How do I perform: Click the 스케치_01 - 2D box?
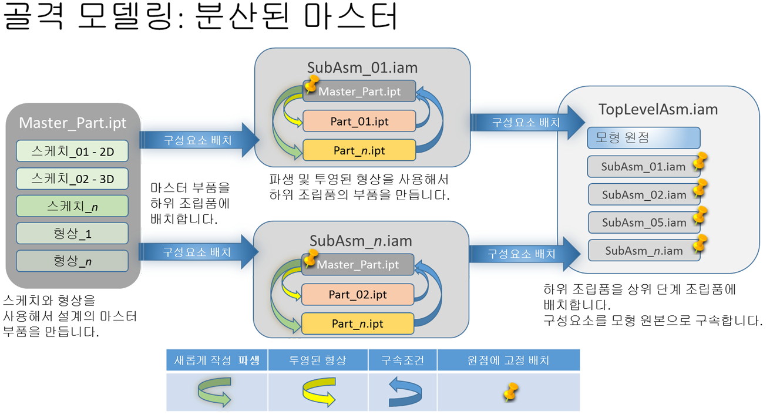coord(72,151)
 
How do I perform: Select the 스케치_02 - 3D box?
coord(72,178)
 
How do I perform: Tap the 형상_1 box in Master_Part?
coord(72,234)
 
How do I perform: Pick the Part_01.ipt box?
coord(359,122)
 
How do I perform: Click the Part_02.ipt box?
coord(358,294)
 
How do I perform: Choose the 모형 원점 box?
coord(643,138)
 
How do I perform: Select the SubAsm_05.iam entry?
coord(644,223)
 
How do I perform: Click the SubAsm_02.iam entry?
coord(644,194)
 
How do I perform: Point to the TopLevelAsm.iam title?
coord(658,109)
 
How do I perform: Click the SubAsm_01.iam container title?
coord(362,67)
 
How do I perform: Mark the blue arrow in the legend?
coord(405,392)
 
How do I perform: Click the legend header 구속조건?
coord(402,360)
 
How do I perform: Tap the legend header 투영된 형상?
coord(318,360)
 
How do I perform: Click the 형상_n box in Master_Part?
coord(72,261)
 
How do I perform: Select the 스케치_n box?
coord(72,206)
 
